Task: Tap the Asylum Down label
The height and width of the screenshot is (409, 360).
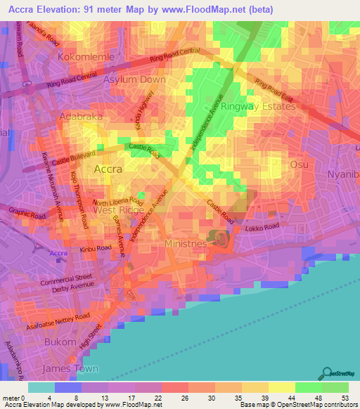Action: point(134,79)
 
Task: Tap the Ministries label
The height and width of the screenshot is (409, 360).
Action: point(185,243)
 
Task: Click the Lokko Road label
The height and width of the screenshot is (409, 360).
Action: point(262,226)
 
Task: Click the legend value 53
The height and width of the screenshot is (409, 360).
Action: point(344,398)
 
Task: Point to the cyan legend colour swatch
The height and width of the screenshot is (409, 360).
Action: point(41,387)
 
